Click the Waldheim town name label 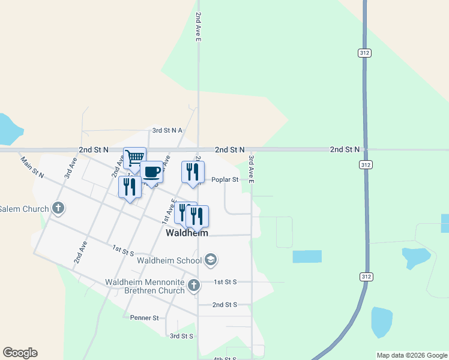[x=187, y=233]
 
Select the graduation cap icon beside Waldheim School [x=211, y=260]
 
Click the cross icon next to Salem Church [x=58, y=209]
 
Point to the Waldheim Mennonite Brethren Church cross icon [x=193, y=286]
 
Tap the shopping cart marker [x=135, y=158]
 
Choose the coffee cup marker [x=151, y=172]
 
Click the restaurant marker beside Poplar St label [x=193, y=172]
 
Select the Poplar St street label [x=225, y=179]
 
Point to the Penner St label [x=144, y=317]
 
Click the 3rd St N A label [x=167, y=130]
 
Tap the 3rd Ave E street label [x=252, y=169]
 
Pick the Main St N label [x=32, y=167]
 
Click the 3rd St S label [x=181, y=336]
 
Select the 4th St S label [x=225, y=358]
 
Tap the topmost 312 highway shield [x=364, y=53]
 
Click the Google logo [x=20, y=353]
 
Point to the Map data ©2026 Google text [x=412, y=355]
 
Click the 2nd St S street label [x=225, y=305]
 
